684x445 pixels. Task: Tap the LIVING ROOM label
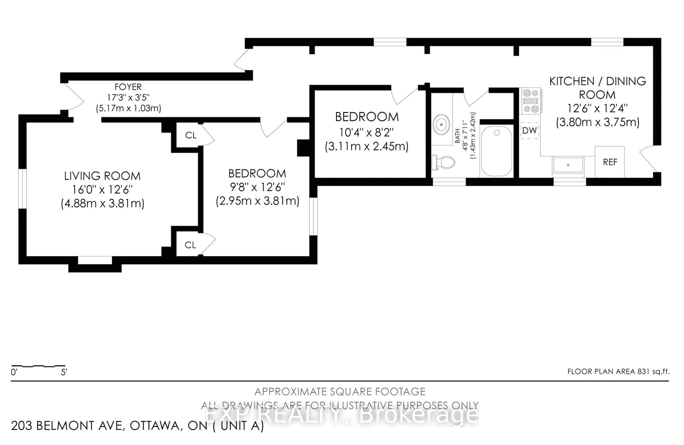[x=102, y=176]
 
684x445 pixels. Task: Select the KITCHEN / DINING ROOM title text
[x=597, y=88]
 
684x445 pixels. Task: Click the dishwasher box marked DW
[x=529, y=131]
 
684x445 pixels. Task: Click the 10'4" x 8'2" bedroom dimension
[x=366, y=133]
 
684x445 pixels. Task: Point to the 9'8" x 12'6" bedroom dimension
[x=257, y=187]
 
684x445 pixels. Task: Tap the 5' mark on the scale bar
[x=64, y=372]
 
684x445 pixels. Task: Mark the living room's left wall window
[x=22, y=189]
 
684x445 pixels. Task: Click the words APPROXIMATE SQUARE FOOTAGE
[x=340, y=392]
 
